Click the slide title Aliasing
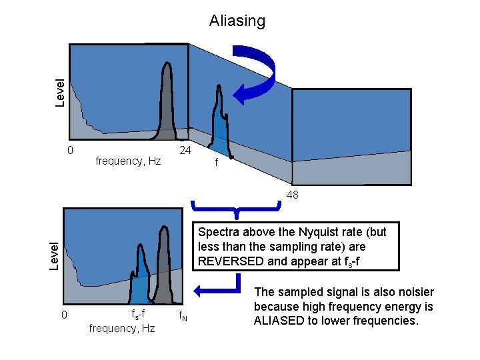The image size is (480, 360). (237, 21)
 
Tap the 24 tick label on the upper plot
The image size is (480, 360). (185, 151)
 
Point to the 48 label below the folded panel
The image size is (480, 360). (292, 195)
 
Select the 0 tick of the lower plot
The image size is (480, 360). (64, 314)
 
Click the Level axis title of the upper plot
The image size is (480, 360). (60, 93)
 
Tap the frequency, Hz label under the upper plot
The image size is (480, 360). (128, 161)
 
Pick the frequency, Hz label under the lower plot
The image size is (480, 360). (121, 328)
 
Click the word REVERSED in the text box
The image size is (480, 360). (231, 261)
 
